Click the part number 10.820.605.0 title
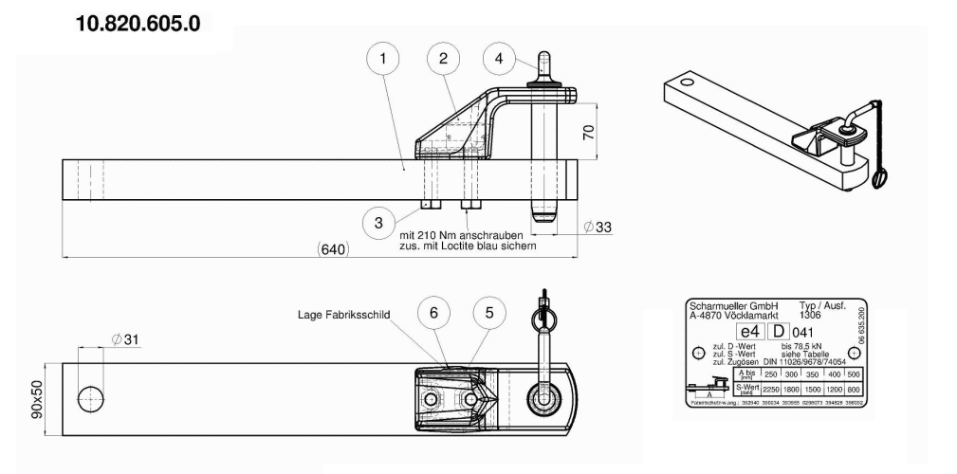tap(130, 24)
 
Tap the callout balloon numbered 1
tap(382, 60)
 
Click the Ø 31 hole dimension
tap(122, 339)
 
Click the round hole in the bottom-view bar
tap(91, 396)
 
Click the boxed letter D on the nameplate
tap(778, 332)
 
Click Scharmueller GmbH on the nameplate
tap(732, 306)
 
